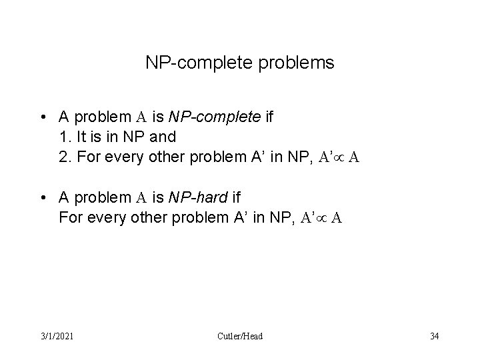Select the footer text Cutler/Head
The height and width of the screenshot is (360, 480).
coord(240,336)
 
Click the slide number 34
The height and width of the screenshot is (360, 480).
coord(434,336)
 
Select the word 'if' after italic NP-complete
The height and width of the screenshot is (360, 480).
coord(269,117)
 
